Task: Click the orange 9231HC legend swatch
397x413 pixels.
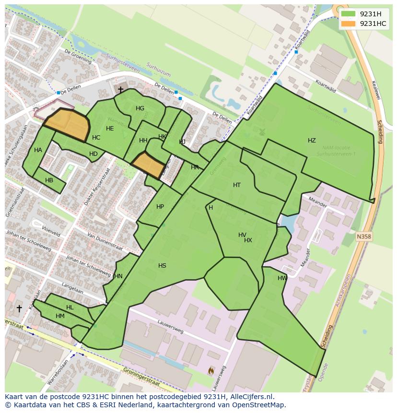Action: click(x=348, y=24)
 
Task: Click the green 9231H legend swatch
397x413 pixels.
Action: click(x=348, y=14)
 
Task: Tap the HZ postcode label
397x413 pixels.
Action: click(x=312, y=141)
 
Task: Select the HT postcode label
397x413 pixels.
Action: click(x=236, y=185)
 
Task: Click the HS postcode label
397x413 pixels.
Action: click(x=162, y=266)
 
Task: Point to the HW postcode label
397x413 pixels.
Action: click(x=282, y=278)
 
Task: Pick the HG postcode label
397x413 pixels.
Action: click(x=140, y=108)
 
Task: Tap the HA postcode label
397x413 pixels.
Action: click(x=38, y=150)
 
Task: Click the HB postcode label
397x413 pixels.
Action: click(x=49, y=180)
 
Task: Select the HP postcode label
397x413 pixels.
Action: click(x=160, y=207)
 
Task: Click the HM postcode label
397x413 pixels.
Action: click(x=60, y=316)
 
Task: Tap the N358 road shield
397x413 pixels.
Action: click(x=364, y=236)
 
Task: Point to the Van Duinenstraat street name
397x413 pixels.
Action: click(x=105, y=242)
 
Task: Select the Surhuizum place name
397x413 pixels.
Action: click(x=158, y=72)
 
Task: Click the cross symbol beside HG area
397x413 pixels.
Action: click(x=120, y=90)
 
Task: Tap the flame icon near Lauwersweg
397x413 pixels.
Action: click(x=211, y=370)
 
